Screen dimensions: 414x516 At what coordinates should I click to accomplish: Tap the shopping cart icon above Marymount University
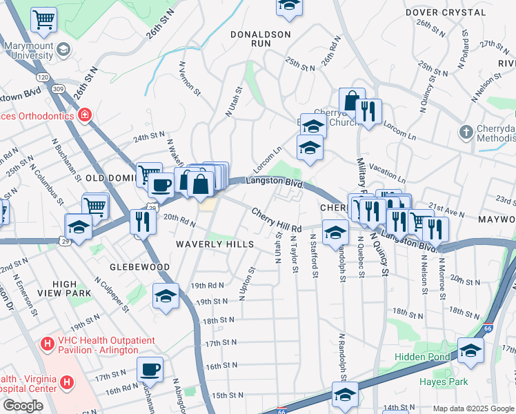tap(44, 20)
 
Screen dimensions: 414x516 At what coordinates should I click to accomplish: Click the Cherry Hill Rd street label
tap(277, 220)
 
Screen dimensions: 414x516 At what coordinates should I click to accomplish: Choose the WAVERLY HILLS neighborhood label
tap(215, 244)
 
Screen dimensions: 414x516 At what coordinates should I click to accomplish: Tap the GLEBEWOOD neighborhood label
tap(139, 267)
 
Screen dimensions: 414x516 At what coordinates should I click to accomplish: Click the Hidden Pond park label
tap(421, 357)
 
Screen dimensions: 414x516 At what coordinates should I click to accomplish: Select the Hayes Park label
tap(444, 382)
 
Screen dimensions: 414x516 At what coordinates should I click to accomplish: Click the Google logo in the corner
tap(23, 406)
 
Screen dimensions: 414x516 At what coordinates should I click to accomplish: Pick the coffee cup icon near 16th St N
tap(150, 368)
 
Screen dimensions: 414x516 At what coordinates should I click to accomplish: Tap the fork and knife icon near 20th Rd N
tap(143, 221)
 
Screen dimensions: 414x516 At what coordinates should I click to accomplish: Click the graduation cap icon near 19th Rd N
tap(166, 296)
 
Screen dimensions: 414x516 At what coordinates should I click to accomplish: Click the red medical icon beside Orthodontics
tap(84, 115)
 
